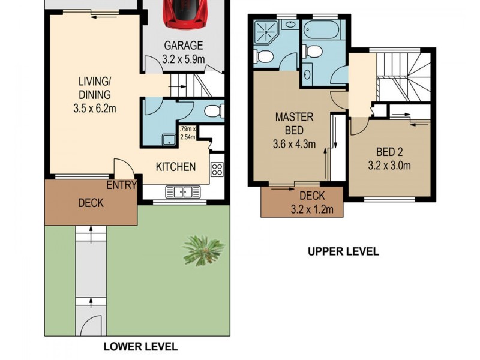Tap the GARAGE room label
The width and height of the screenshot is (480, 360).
tap(184, 46)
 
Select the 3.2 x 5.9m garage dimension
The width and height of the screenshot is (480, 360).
tap(184, 59)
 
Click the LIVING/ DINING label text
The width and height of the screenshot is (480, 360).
tap(94, 88)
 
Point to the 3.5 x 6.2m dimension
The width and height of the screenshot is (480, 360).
tap(94, 109)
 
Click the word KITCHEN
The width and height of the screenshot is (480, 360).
tap(176, 167)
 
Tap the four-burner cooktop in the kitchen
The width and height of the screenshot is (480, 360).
tap(217, 170)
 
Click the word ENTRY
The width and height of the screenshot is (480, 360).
tap(121, 185)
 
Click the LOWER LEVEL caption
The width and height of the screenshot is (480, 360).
tap(140, 346)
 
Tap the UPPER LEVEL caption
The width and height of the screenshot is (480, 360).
tap(343, 252)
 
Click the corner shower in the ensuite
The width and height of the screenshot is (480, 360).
tap(265, 31)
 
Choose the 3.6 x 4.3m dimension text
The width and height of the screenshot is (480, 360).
tap(294, 144)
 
